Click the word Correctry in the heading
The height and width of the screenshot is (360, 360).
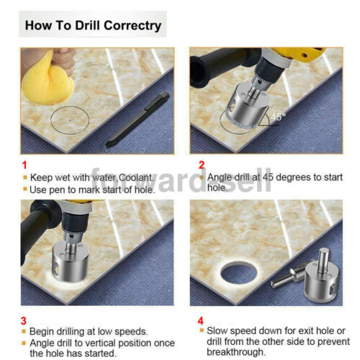tap(132, 26)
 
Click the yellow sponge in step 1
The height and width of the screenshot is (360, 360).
tap(48, 79)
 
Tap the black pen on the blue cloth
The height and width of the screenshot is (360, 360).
tap(138, 120)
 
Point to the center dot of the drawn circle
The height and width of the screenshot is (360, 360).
tap(70, 120)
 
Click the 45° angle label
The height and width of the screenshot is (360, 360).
tap(278, 117)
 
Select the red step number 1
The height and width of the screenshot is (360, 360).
tap(24, 165)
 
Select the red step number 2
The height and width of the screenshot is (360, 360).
tap(202, 165)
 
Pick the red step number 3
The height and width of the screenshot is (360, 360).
tap(24, 321)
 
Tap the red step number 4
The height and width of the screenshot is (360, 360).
tap(201, 321)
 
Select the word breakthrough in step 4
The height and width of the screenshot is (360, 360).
tap(236, 352)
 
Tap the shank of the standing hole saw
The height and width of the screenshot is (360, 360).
tap(323, 260)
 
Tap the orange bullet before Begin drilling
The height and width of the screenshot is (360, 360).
tap(24, 331)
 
